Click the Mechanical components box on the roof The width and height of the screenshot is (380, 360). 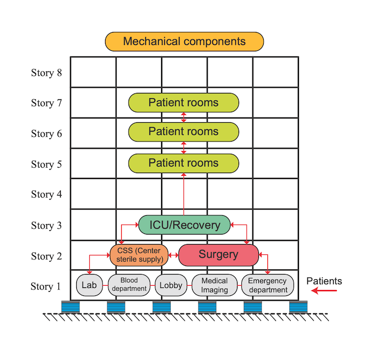(x=184, y=42)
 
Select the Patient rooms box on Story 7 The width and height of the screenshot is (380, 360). (x=184, y=103)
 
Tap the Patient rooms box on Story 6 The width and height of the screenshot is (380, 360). (x=184, y=132)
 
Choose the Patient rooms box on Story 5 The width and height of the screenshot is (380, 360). (x=184, y=163)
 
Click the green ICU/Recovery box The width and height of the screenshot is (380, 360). (x=184, y=225)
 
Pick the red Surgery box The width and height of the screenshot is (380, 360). (x=218, y=255)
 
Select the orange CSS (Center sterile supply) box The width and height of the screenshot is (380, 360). (x=139, y=255)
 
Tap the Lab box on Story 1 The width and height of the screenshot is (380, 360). (x=89, y=285)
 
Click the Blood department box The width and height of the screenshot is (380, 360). (x=129, y=285)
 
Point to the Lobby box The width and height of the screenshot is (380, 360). (x=171, y=285)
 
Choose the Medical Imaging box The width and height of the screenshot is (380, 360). (x=214, y=285)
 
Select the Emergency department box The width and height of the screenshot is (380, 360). (x=267, y=285)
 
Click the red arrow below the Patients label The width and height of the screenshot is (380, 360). (x=324, y=291)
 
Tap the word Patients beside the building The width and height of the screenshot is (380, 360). (x=324, y=281)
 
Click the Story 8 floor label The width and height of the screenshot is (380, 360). (x=50, y=73)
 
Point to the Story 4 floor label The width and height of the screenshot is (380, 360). (x=50, y=194)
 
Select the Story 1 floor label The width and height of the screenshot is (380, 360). (x=50, y=287)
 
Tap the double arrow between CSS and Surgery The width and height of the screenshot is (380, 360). (x=173, y=255)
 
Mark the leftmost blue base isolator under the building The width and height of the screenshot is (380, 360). (x=70, y=307)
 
